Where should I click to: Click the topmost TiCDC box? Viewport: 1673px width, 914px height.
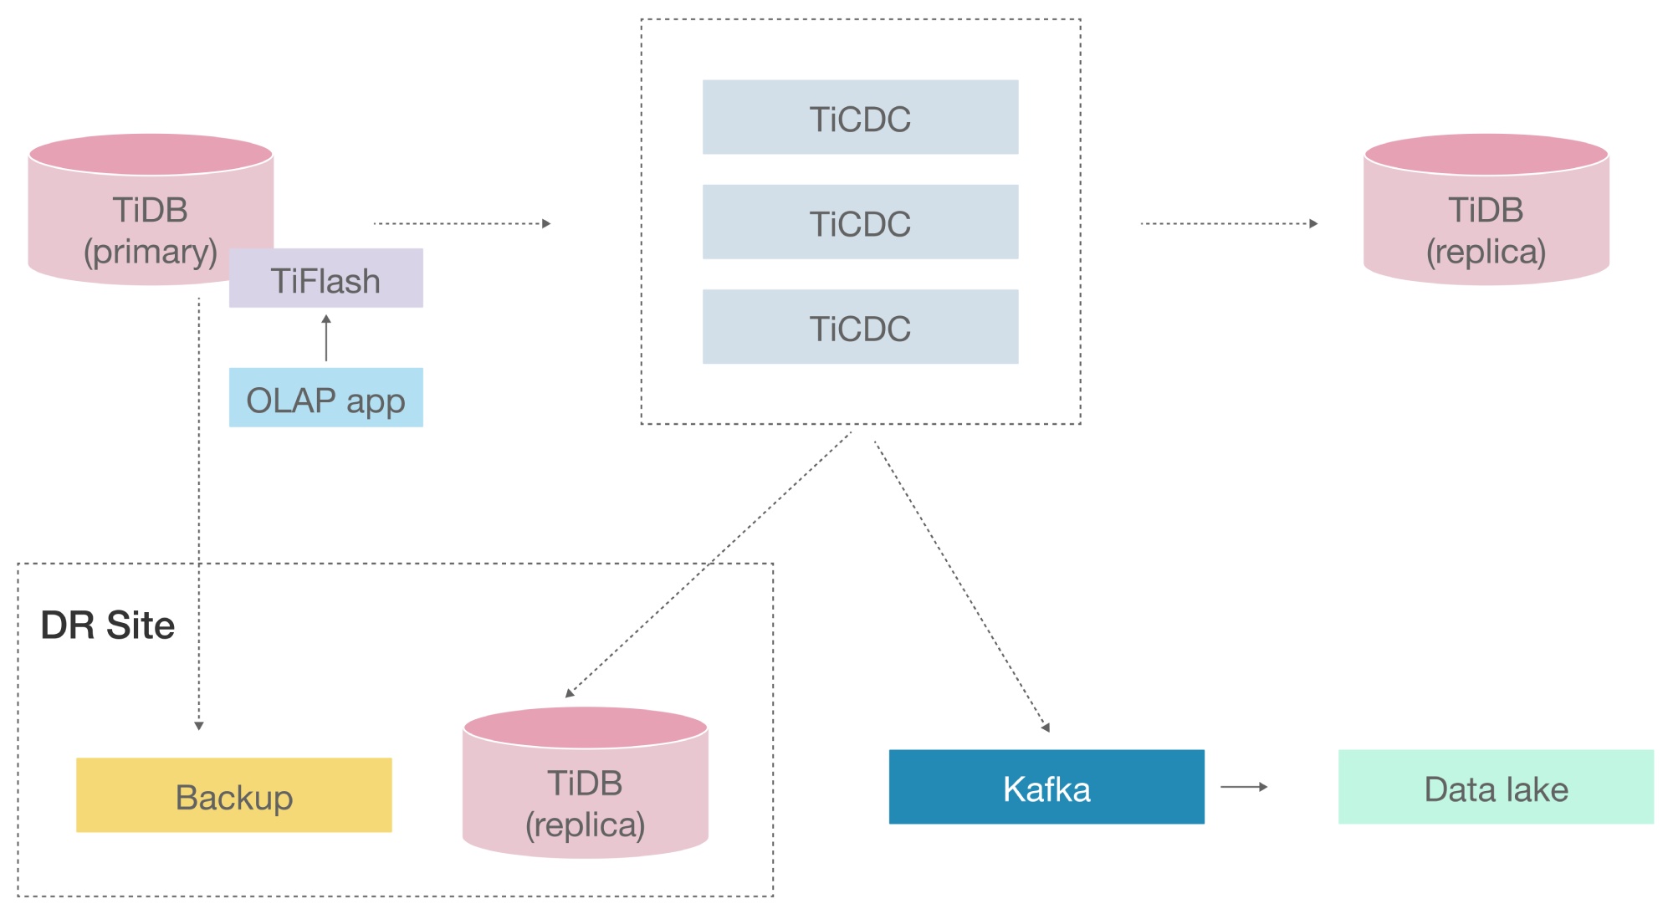click(x=860, y=117)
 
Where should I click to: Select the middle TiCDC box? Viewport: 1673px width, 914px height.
click(x=860, y=222)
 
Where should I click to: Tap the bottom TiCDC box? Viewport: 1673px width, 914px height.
click(x=860, y=327)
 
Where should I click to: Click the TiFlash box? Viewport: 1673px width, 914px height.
click(x=325, y=278)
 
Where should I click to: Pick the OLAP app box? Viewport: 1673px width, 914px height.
click(x=325, y=398)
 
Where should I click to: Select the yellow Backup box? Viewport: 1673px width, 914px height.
click(x=233, y=795)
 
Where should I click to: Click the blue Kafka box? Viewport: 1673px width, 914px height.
click(x=1046, y=787)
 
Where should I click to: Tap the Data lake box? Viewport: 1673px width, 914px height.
click(x=1496, y=787)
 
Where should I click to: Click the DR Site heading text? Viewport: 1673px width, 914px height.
click(x=107, y=626)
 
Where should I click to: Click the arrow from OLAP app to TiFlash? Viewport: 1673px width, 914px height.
click(x=326, y=338)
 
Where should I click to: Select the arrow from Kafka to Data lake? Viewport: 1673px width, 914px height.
click(x=1244, y=787)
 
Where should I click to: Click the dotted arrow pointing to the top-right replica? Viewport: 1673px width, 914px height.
click(x=1229, y=223)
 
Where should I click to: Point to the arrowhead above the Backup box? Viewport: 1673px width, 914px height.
click(x=199, y=725)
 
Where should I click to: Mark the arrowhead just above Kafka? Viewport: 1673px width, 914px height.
click(x=1046, y=727)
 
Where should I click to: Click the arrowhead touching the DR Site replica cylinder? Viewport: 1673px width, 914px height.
click(x=570, y=692)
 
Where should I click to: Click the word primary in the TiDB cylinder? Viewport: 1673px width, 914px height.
click(x=151, y=252)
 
